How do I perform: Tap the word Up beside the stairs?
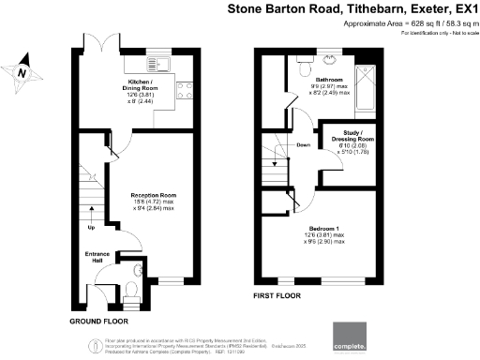pos(91,228)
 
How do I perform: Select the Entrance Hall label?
pos(98,256)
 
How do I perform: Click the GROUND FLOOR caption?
pos(99,322)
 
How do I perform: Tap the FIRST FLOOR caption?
pos(281,296)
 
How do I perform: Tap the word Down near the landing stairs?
pos(303,145)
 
